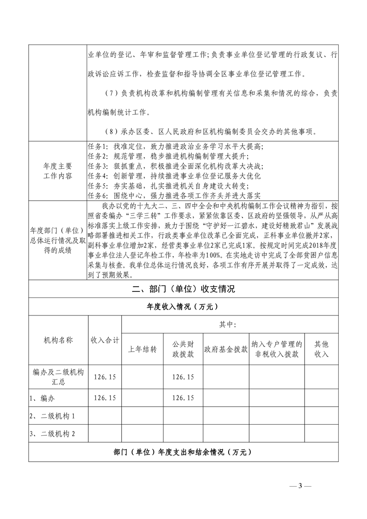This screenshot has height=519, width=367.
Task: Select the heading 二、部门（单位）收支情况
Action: tap(183, 290)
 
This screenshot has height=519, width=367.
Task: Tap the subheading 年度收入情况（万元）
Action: tap(183, 307)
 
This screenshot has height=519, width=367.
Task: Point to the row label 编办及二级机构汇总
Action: tap(58, 377)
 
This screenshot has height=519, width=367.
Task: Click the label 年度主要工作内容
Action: tap(57, 172)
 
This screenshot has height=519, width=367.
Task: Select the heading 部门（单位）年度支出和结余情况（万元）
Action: tap(183, 452)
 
